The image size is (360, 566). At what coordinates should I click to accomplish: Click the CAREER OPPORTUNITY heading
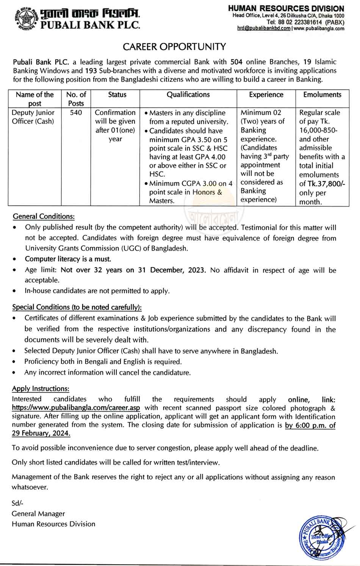(x=174, y=47)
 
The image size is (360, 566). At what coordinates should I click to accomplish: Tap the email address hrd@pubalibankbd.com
(x=264, y=28)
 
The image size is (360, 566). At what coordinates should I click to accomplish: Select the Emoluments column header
(x=322, y=95)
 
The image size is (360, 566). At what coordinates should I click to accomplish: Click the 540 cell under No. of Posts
(x=76, y=113)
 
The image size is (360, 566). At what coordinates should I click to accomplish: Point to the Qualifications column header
(x=188, y=95)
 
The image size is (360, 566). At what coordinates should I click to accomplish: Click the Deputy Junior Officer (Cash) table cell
(x=33, y=117)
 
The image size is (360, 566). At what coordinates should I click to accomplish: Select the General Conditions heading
(x=44, y=216)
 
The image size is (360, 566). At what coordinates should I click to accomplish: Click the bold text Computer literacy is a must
(x=68, y=259)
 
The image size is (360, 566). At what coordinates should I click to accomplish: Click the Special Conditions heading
(x=77, y=307)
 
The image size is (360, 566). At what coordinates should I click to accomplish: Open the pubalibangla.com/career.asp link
(x=76, y=408)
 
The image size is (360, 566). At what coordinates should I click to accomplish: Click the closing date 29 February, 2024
(x=41, y=433)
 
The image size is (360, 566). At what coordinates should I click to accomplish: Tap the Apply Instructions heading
(x=41, y=389)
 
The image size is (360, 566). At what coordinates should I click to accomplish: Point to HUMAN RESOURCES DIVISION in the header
(x=286, y=8)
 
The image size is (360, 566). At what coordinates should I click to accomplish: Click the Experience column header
(x=266, y=95)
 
